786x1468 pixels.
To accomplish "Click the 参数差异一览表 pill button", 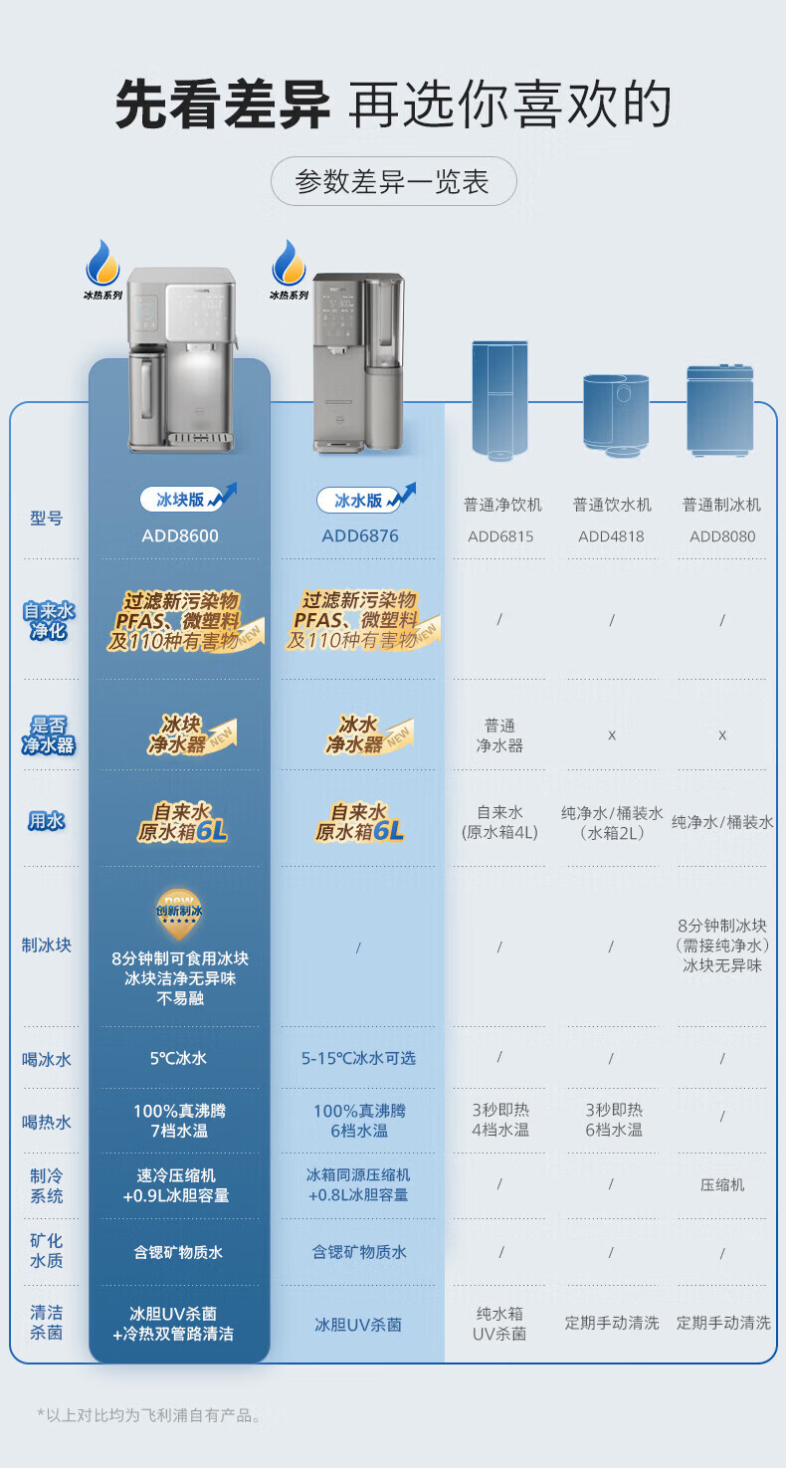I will coord(393,182).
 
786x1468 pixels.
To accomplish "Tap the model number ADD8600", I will coord(180,535).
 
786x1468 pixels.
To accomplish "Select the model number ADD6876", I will coord(360,535).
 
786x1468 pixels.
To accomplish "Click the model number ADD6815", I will coord(500,536).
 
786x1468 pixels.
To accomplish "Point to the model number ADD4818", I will coord(611,536).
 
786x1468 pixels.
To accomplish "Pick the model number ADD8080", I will coord(722,536).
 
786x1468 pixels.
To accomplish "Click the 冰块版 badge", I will coord(179,500).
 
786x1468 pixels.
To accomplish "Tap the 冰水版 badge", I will coord(357,500).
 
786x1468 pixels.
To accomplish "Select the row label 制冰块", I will coord(47,944).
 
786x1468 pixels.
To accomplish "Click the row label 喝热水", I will coord(47,1122).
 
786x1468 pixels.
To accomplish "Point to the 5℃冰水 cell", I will coord(179,1058).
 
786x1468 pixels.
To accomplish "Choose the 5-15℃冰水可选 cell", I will coord(358,1058).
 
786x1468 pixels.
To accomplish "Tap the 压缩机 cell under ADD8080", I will coord(722,1184).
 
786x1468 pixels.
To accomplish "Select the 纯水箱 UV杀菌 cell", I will coord(499,1324).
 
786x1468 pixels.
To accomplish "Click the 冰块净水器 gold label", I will coord(179,734).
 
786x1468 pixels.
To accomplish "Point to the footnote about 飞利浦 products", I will coord(149,1414).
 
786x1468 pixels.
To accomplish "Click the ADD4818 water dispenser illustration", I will coord(615,413).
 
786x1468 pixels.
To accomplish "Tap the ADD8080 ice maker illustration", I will coord(719,410).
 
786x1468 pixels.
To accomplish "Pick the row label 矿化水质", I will coord(47,1251).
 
